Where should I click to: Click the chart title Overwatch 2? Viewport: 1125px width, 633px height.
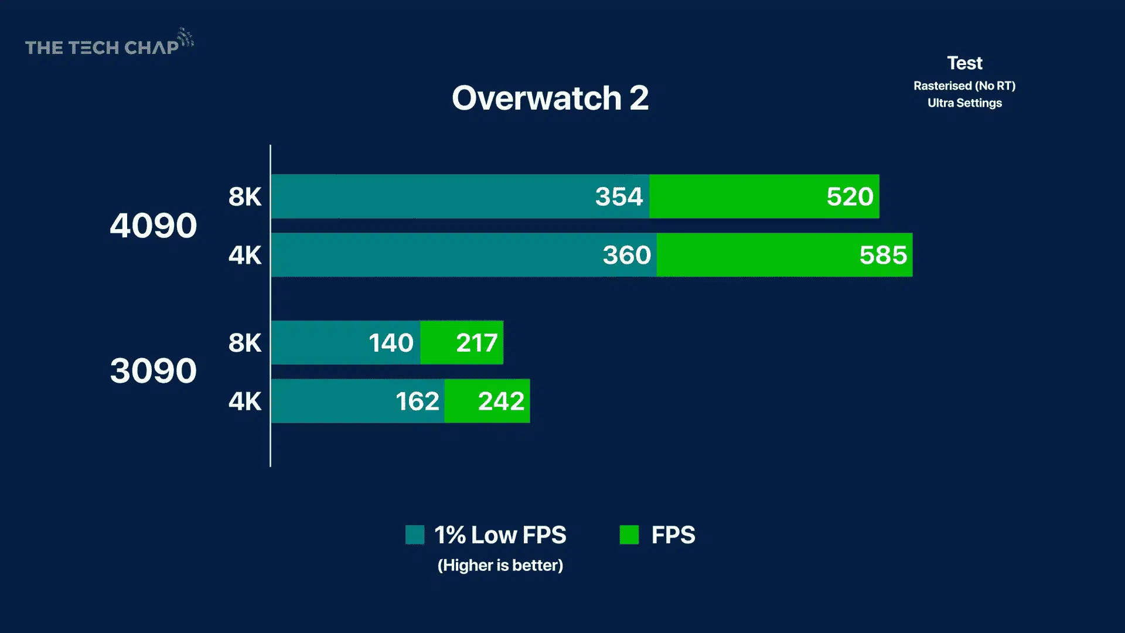[x=550, y=98]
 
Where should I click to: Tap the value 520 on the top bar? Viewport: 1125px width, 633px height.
[x=850, y=196]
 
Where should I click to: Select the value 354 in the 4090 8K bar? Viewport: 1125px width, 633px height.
[x=619, y=196]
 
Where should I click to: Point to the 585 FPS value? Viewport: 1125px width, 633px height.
[x=883, y=255]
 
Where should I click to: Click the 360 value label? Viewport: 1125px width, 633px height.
[x=626, y=255]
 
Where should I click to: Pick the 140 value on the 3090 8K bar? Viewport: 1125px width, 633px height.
[x=391, y=343]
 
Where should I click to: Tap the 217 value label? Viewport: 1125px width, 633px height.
[x=476, y=343]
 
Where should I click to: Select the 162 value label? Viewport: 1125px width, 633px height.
[x=417, y=401]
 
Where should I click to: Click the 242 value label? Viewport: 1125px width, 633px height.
[x=501, y=401]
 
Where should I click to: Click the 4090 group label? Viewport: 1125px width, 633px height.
[x=154, y=226]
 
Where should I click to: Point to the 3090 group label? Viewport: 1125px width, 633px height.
[x=154, y=371]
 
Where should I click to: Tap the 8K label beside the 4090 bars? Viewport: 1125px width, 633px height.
[x=245, y=197]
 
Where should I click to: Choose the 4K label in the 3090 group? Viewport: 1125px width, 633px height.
[x=245, y=401]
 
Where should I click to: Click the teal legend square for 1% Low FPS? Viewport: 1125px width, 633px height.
[x=415, y=535]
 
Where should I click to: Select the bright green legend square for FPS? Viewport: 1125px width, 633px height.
[x=629, y=535]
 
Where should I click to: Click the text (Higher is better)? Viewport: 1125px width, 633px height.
[x=500, y=565]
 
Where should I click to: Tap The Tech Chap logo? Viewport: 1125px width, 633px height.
[x=109, y=45]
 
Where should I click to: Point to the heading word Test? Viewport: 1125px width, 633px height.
[x=964, y=63]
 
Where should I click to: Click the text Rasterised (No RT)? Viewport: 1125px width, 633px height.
[x=964, y=86]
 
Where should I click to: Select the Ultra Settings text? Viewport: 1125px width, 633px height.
[x=964, y=103]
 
